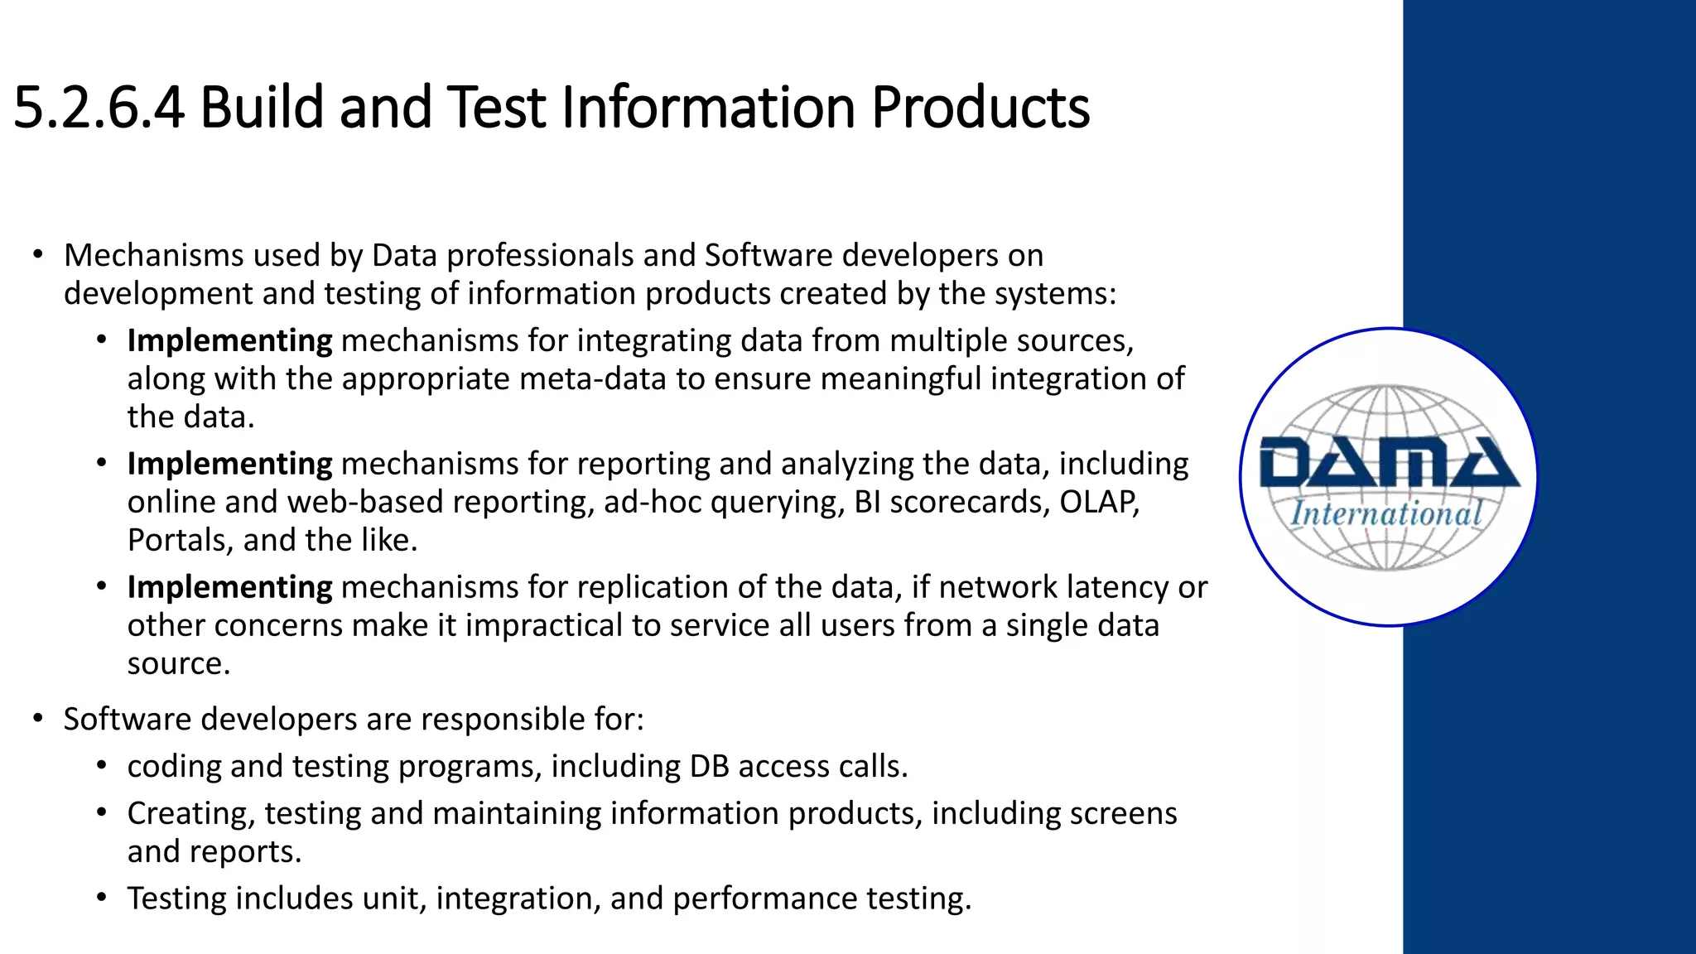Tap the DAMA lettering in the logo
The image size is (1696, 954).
1389,464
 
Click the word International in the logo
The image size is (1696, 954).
1386,514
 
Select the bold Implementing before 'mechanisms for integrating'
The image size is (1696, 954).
229,341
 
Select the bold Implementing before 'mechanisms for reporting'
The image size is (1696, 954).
229,464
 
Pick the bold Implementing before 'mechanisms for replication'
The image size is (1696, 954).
229,587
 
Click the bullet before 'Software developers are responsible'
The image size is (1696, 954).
38,719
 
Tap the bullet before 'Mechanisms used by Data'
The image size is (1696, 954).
38,255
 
